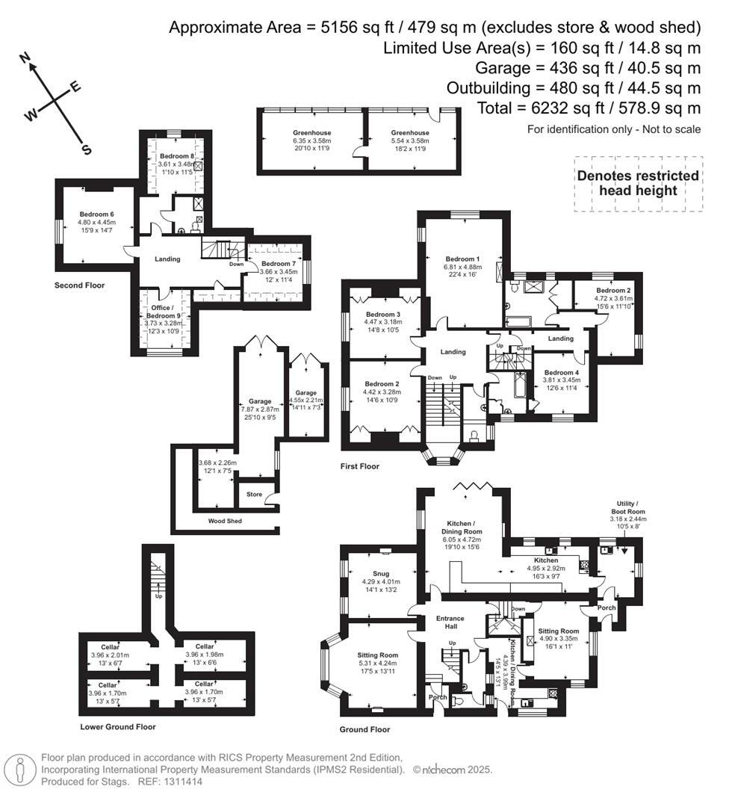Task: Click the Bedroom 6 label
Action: click(96, 214)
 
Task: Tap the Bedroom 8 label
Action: click(176, 156)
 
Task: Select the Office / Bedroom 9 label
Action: click(164, 310)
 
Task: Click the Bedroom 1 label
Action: click(463, 259)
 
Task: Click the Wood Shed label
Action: click(224, 521)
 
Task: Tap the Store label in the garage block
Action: click(254, 495)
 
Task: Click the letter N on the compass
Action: click(25, 58)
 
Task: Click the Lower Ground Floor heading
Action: click(118, 726)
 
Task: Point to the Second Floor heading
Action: click(80, 285)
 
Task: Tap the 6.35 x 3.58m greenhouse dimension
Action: click(311, 140)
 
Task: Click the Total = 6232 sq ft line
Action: click(589, 108)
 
